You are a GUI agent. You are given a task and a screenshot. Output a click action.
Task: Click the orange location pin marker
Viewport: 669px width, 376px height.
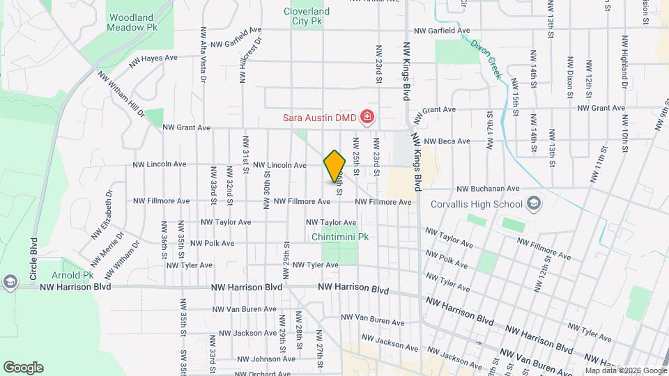(335, 166)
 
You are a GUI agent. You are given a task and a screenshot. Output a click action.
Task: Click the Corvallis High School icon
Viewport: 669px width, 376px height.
(534, 204)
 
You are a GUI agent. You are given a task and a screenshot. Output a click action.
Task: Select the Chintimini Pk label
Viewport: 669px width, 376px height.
(340, 237)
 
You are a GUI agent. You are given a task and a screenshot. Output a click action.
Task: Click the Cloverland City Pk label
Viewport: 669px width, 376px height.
(306, 16)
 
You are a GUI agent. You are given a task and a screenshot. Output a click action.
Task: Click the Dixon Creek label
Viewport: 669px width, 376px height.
(486, 58)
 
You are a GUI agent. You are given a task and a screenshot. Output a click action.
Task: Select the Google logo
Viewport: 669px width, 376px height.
(23, 368)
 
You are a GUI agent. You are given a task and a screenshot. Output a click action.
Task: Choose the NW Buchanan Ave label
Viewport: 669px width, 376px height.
(488, 189)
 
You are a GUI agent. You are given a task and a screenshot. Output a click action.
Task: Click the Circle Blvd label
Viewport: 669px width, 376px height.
(33, 258)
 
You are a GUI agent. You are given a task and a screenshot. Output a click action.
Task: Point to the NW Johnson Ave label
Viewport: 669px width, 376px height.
(256, 359)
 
